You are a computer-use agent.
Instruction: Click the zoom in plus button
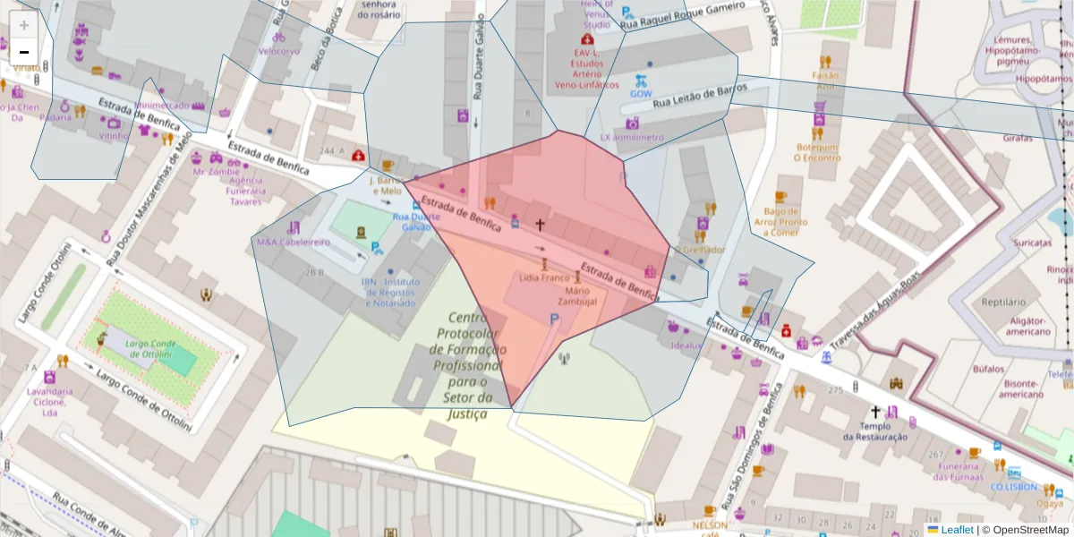(24, 25)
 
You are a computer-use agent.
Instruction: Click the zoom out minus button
(24, 52)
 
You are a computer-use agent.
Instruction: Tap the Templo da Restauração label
(874, 431)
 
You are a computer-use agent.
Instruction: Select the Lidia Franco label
(544, 277)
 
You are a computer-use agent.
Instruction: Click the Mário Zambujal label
(581, 296)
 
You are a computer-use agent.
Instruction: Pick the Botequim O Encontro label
(816, 152)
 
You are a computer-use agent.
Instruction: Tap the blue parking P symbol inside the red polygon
(554, 320)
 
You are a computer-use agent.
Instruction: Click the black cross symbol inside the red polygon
(540, 225)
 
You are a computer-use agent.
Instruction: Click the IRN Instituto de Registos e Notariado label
(390, 292)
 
